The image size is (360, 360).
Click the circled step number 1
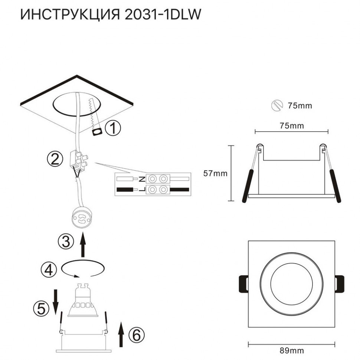tap(113, 129)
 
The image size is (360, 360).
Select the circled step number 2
tap(55, 159)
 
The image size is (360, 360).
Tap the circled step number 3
tap(65, 242)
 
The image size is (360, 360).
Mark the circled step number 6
tap(136, 336)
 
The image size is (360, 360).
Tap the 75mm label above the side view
tap(291, 125)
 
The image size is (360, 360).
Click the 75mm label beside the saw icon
tap(300, 106)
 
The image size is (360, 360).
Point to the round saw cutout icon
tap(276, 105)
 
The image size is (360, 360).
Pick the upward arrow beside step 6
tap(121, 334)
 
